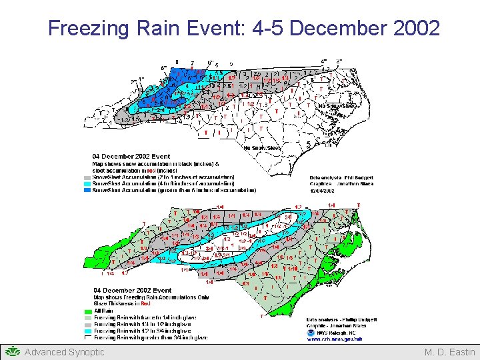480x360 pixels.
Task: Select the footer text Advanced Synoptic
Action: [64, 352]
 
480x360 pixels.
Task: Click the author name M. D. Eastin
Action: [450, 352]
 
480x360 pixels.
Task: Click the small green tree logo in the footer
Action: [13, 351]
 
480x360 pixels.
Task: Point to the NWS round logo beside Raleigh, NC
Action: [312, 331]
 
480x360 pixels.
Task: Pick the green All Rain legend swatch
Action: [87, 311]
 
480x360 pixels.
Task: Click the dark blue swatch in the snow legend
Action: [87, 190]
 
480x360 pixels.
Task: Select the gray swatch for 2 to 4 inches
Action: [87, 177]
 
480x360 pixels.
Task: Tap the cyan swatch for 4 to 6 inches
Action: [87, 183]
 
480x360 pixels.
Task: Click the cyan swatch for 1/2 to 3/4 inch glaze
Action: [87, 331]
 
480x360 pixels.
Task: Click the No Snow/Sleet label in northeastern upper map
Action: [337, 106]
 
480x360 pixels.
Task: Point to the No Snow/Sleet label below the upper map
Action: [262, 147]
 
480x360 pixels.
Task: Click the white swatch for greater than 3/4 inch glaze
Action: [87, 337]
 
